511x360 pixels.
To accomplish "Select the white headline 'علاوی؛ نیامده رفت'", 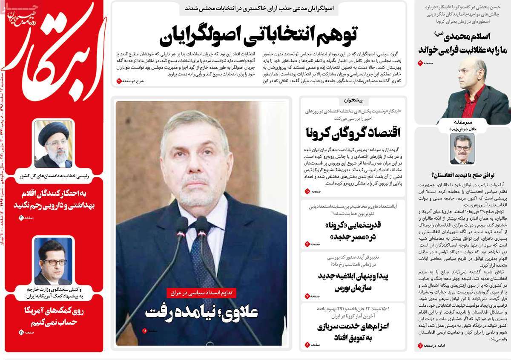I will pos(201,312).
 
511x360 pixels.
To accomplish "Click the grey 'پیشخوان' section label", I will pos(353,101).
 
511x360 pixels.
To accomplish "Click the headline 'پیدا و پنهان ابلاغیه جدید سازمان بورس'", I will pos(353,281).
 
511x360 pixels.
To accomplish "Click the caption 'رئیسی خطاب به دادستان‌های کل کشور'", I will pos(53,175).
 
